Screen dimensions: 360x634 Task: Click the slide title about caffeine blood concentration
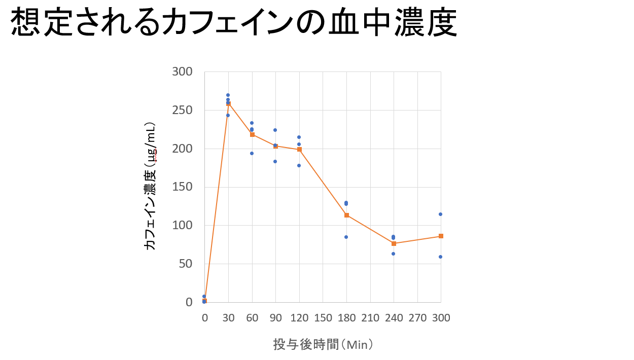click(x=234, y=23)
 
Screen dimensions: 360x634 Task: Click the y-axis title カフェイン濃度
click(x=151, y=186)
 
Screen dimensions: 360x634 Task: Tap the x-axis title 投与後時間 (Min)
click(x=324, y=344)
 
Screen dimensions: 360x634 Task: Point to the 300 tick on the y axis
click(x=182, y=71)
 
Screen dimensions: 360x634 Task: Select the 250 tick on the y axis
click(x=182, y=110)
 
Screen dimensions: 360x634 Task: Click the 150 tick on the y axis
click(x=182, y=187)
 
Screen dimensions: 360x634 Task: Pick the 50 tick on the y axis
click(x=186, y=264)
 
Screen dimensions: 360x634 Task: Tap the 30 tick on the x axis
click(x=228, y=318)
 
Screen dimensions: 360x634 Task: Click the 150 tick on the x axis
click(x=323, y=318)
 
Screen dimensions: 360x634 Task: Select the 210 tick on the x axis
click(x=370, y=318)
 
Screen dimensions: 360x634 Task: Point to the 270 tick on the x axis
click(x=417, y=318)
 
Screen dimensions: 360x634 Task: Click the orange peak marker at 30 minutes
click(x=228, y=103)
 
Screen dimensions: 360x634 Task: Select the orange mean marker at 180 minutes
click(x=346, y=215)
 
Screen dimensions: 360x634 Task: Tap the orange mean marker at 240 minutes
click(x=394, y=243)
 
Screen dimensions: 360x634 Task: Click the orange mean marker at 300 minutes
click(x=441, y=236)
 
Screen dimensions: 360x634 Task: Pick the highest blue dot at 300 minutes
click(x=440, y=214)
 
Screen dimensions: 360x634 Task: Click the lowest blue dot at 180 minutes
click(x=346, y=237)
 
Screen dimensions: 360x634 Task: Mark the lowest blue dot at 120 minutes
click(x=299, y=165)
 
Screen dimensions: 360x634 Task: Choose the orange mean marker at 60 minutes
click(x=252, y=134)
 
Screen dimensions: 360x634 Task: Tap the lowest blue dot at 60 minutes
click(x=252, y=153)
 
